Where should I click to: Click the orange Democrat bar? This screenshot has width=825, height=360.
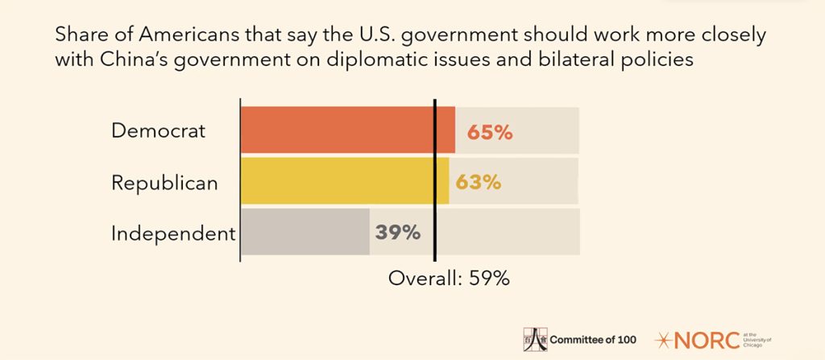[x=346, y=130]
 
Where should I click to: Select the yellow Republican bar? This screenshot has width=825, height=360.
[x=344, y=181]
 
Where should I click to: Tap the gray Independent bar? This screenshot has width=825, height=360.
[x=305, y=233]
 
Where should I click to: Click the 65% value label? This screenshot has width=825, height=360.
[x=485, y=131]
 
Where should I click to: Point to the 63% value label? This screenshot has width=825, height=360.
[x=478, y=183]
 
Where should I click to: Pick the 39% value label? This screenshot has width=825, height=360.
[x=398, y=234]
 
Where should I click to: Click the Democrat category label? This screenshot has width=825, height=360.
[x=159, y=130]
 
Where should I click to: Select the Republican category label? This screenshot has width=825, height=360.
[x=164, y=183]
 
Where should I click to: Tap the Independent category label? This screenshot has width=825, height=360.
[x=173, y=234]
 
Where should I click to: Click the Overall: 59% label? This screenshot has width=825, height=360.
[x=449, y=279]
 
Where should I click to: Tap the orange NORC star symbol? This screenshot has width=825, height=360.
[x=667, y=339]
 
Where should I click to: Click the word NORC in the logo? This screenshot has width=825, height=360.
[x=706, y=339]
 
